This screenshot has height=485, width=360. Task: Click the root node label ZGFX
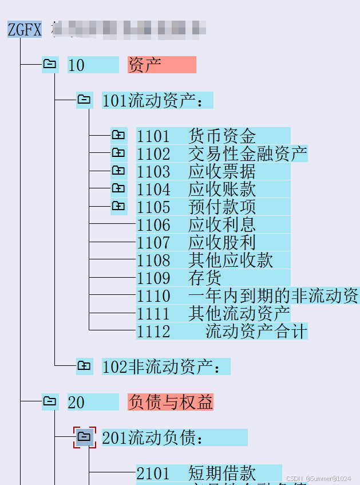[x=25, y=29]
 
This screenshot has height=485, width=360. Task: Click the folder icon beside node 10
[x=50, y=65]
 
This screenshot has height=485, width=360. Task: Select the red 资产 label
[x=161, y=65]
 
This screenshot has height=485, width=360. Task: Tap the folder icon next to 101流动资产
[x=84, y=100]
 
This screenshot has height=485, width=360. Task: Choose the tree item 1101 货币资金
[x=213, y=136]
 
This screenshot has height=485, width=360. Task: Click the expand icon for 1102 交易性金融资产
[x=118, y=153]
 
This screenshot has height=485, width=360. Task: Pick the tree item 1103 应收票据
[x=213, y=171]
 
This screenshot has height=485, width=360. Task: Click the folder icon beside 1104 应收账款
[x=118, y=189]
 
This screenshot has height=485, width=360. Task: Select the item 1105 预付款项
[x=213, y=207]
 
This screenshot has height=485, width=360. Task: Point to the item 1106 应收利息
[x=213, y=224]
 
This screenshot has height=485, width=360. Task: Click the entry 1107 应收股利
[x=213, y=242]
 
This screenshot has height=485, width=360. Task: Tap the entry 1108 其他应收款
[x=213, y=260]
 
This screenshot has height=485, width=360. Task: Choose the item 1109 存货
[x=213, y=278]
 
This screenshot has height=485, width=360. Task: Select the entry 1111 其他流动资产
[x=213, y=313]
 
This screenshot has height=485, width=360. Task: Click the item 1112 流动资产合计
[x=221, y=331]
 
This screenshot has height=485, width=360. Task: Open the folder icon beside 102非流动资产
[x=84, y=366]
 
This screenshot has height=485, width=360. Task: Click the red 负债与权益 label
[x=170, y=402]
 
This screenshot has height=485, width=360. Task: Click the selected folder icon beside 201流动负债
[x=84, y=437]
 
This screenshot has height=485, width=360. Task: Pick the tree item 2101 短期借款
[x=209, y=473]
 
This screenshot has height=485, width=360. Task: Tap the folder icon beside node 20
[x=50, y=402]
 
